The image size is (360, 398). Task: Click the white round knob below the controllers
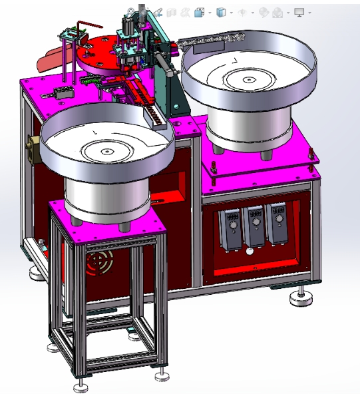click(x=250, y=252)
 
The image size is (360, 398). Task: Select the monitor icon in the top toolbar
click(x=299, y=12)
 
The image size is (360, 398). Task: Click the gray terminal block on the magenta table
click(x=63, y=93)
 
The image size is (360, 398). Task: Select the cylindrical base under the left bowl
click(x=106, y=199)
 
